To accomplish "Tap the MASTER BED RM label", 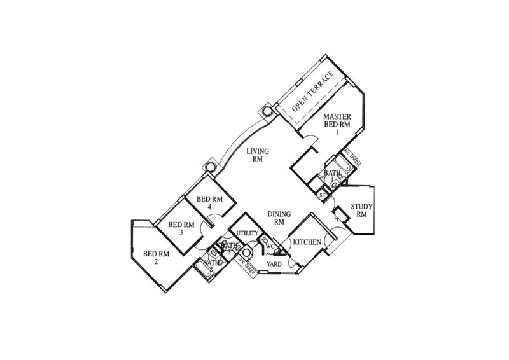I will pos(336,120).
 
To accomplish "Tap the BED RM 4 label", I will pos(209,202).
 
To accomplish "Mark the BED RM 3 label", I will pos(181,228).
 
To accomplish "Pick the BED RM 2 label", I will pos(155,257).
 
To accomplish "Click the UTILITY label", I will pos(244,233).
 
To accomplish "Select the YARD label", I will pos(274,263).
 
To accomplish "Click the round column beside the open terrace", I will pos(267,110).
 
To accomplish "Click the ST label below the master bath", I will pos(323,189).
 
